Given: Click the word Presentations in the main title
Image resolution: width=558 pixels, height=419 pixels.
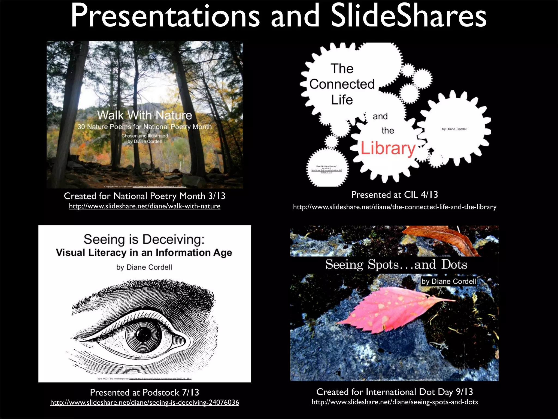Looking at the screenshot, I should [165, 16].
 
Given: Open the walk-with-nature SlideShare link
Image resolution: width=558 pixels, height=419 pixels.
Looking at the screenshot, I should [144, 206].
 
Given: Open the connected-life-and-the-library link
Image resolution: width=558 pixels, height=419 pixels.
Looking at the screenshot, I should [395, 207].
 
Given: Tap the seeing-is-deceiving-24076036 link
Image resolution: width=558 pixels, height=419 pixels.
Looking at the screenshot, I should [144, 403].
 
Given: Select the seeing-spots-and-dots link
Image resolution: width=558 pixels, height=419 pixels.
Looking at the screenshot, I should [395, 402].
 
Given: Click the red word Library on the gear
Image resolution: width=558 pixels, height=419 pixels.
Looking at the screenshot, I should [388, 149].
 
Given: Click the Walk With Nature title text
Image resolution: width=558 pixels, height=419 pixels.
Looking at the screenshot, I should [144, 115].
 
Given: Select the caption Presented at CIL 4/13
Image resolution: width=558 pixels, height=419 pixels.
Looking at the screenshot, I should [395, 195].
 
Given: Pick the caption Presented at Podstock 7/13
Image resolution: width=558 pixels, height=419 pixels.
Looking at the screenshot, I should [144, 393].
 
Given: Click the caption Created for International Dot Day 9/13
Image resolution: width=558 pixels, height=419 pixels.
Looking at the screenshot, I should [395, 392].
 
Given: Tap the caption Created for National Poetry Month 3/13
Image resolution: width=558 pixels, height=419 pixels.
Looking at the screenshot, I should [144, 196].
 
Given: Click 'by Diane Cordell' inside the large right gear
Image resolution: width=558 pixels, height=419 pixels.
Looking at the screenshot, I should [454, 129].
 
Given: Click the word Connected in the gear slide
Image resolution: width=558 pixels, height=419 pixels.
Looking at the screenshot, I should [342, 84].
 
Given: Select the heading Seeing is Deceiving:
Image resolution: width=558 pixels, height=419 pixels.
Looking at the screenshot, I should [144, 239].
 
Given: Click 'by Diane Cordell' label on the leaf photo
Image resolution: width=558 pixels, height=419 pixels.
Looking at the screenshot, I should [448, 281].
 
